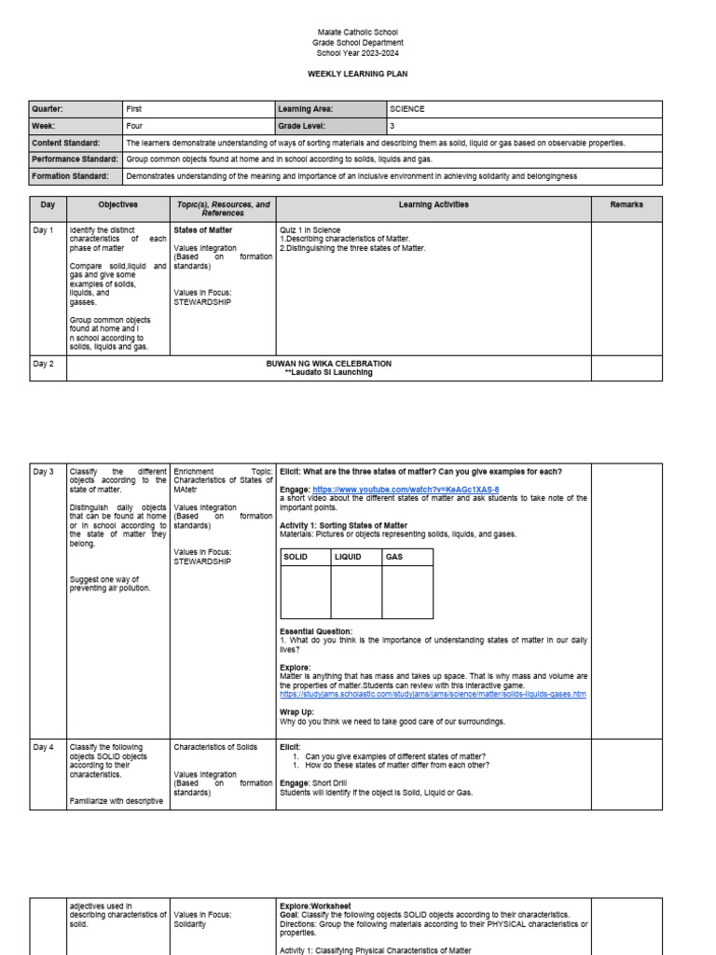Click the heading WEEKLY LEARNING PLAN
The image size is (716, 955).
(357, 74)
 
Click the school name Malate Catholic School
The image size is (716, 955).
(357, 33)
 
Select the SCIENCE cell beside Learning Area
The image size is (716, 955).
(407, 109)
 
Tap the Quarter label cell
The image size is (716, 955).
(48, 109)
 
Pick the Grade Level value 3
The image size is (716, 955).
(392, 126)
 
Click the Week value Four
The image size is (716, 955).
(134, 126)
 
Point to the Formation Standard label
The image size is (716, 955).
(70, 175)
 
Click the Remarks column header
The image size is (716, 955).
(626, 204)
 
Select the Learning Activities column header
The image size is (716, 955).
(434, 204)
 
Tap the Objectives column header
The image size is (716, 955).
(118, 204)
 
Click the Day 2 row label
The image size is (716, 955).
(44, 364)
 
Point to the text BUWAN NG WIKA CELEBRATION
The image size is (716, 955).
(328, 364)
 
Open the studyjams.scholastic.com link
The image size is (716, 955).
(433, 694)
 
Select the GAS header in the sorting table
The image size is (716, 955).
(395, 557)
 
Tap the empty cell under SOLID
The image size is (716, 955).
(306, 592)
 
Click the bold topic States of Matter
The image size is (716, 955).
(203, 229)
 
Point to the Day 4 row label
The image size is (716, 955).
(44, 747)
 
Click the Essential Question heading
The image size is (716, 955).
(316, 631)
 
